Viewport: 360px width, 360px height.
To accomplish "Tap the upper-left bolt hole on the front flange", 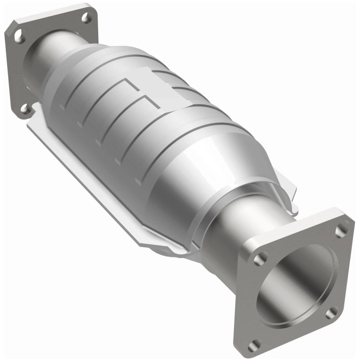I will pyautogui.click(x=260, y=259).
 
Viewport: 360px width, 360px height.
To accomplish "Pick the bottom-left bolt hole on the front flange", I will pyautogui.click(x=255, y=344).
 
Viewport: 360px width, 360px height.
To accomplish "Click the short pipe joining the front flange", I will pyautogui.click(x=225, y=234).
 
